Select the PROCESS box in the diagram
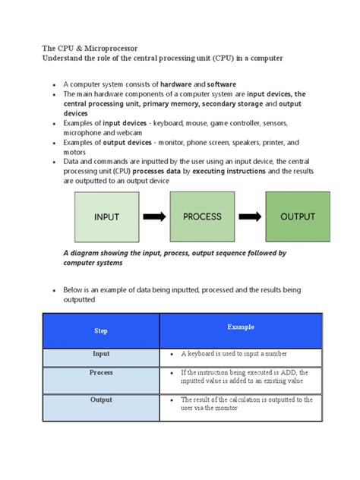pos(202,216)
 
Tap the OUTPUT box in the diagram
pos(297,216)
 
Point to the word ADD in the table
pos(292,373)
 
